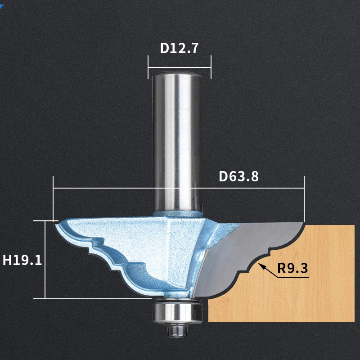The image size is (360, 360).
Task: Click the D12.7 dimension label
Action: click(179, 48)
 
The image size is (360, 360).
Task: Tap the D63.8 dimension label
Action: click(239, 176)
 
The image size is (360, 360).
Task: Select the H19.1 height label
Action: click(22, 260)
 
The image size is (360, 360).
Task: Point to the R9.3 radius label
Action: click(292, 268)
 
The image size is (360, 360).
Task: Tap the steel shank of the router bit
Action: click(177, 142)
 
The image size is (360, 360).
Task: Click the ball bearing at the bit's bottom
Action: click(177, 312)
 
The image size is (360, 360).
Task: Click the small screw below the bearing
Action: click(178, 330)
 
